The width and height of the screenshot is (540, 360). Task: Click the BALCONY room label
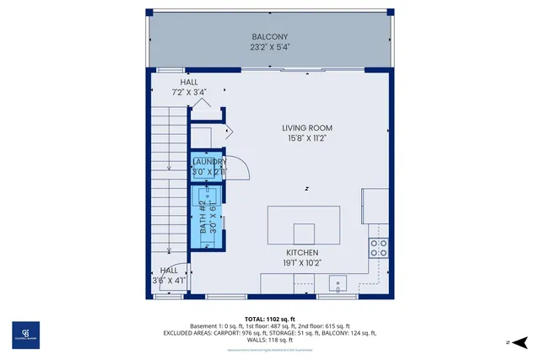(270, 37)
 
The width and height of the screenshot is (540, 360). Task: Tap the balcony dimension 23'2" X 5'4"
(270, 48)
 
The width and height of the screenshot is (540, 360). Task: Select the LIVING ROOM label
(307, 128)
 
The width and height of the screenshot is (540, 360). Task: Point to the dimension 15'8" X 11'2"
(307, 139)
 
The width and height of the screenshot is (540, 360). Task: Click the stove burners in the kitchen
(380, 248)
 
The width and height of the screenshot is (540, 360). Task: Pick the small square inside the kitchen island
(303, 234)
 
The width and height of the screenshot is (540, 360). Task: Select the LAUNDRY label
(209, 161)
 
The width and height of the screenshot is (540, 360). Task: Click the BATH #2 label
(203, 218)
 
